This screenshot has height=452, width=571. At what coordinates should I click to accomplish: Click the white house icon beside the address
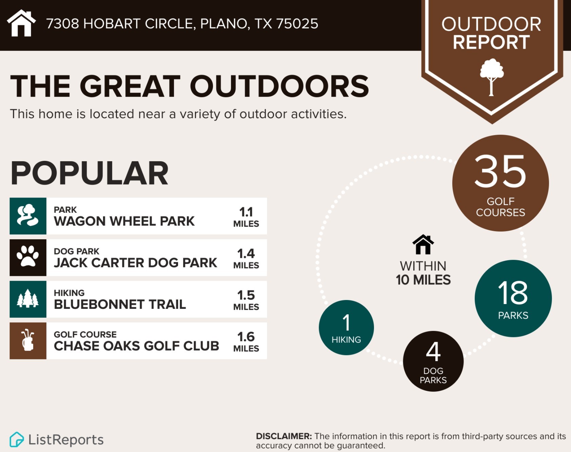tap(21, 23)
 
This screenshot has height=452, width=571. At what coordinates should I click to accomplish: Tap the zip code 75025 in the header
tap(297, 24)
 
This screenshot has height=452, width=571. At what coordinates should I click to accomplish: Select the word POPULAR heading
tap(90, 173)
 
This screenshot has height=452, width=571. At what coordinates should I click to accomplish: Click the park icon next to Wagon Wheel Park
tap(28, 216)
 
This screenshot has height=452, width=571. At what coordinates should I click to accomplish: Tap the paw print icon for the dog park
tap(28, 257)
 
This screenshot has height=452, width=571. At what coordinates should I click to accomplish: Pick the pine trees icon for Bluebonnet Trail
tap(28, 299)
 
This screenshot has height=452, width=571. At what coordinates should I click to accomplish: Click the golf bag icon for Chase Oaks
tap(28, 340)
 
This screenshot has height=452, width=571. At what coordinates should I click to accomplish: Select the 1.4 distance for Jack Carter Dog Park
tap(246, 254)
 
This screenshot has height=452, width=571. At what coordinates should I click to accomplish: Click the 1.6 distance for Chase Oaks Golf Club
tap(246, 337)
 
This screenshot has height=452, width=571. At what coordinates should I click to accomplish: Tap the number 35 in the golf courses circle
tap(500, 171)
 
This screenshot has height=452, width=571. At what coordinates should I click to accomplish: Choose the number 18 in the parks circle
tap(513, 293)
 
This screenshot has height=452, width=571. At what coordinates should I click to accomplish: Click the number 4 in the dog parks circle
tap(433, 352)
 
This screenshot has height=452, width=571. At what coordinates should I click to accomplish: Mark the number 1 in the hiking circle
tap(346, 322)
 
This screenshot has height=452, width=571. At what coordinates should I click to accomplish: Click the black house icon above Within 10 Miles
tap(423, 244)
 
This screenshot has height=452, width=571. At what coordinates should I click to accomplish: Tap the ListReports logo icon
tap(17, 439)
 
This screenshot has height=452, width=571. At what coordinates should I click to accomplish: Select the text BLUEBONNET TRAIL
tap(120, 304)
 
